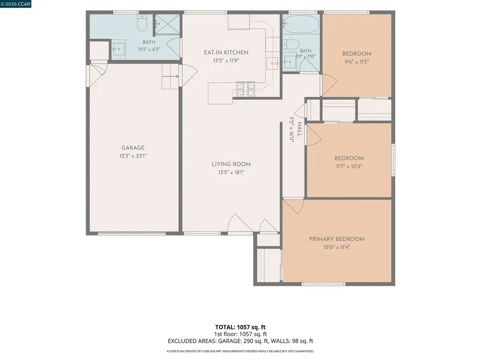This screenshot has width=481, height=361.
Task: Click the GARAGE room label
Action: (x=133, y=148)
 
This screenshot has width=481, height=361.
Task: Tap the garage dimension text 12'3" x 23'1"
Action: (x=133, y=156)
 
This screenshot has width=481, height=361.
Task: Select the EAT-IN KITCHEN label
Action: (x=226, y=53)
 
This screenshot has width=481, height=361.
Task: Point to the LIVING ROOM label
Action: (x=231, y=164)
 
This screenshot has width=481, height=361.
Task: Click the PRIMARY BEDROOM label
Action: (x=336, y=239)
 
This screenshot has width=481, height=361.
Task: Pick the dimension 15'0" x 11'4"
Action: (x=336, y=247)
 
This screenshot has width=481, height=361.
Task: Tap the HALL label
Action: (x=299, y=129)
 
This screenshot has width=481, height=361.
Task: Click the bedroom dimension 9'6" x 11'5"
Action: (x=357, y=62)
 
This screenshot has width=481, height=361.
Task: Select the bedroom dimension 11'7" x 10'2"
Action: (x=349, y=166)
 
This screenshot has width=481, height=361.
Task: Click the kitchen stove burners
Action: (x=245, y=89)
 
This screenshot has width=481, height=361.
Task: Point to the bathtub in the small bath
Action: (x=301, y=24)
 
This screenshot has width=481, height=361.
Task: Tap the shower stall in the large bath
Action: (x=167, y=24)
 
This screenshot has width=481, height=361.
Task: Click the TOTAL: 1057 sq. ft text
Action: (x=240, y=327)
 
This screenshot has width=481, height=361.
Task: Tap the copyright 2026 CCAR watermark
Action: (x=16, y=4)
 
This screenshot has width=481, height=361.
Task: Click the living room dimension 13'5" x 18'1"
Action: (x=231, y=173)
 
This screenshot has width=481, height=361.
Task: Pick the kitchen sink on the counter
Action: (x=272, y=63)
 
